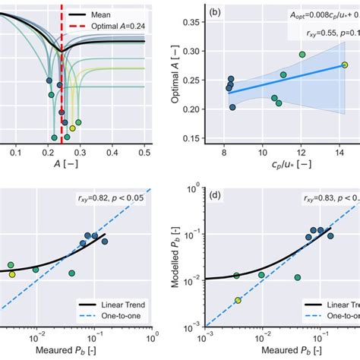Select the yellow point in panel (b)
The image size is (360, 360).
click(344, 65)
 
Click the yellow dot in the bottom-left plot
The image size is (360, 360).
click(12, 275)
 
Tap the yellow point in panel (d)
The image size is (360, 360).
click(238, 301)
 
